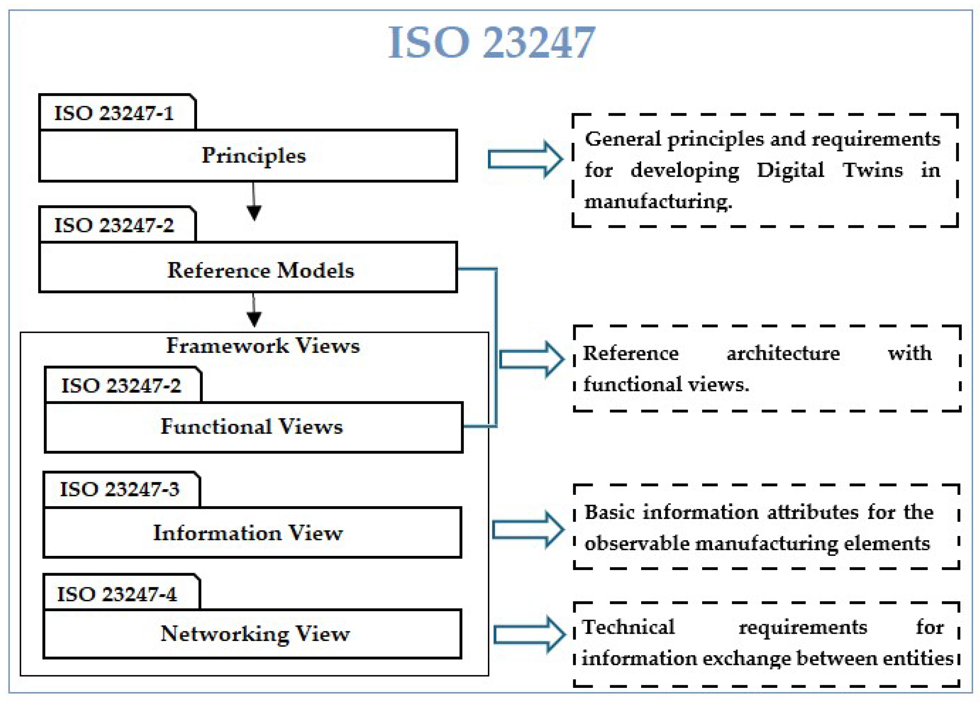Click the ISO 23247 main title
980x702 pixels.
491,42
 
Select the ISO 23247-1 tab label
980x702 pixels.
114,113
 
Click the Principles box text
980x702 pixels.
253,156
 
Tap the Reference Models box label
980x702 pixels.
260,270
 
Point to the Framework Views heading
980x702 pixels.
263,346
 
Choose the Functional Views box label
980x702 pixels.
252,427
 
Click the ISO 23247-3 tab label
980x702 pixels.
119,489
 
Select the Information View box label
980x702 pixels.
248,533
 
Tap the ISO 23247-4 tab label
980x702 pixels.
117,594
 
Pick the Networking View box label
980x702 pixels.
255,634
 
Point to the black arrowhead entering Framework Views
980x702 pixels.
253,319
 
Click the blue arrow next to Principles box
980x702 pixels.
525,159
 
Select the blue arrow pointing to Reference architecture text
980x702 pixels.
531,359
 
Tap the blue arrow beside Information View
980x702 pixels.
528,530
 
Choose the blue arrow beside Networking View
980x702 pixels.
529,634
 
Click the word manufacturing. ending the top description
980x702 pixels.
658,201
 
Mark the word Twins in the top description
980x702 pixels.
872,170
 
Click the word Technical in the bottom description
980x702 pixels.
628,627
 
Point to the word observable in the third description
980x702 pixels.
637,544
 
